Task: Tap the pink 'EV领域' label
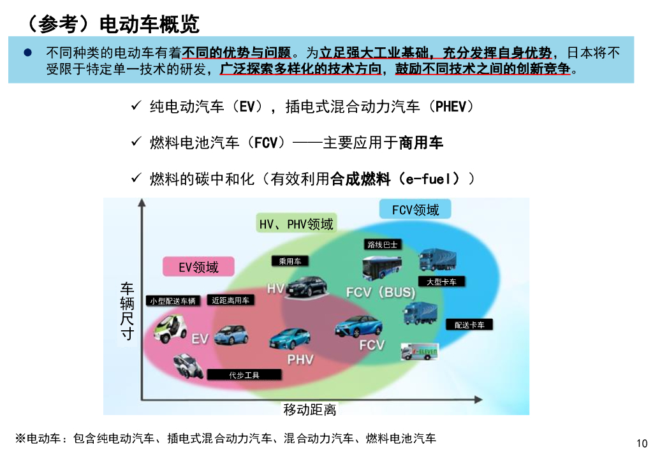coord(198,267)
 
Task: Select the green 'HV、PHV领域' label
coord(296,224)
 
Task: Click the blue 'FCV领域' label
coord(415,210)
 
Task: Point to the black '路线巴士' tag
coord(382,244)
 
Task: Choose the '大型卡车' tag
coord(441,282)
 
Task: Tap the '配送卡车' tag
coord(469,325)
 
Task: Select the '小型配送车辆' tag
coord(172,301)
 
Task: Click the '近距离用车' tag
coord(230,300)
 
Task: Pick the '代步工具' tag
coord(244,375)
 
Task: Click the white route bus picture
coord(382,268)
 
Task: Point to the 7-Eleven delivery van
coord(418,352)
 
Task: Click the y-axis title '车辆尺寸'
coord(128,310)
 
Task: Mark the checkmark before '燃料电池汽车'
coord(136,142)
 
